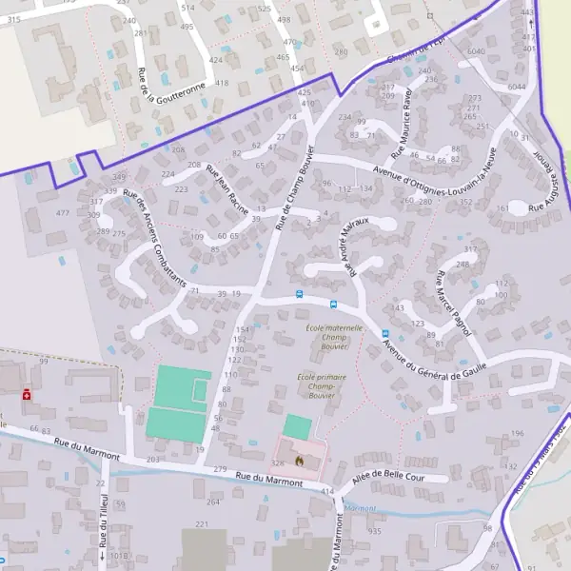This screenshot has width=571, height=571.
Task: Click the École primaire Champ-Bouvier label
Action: pos(322,384)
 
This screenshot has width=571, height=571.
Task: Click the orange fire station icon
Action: pos(299,462)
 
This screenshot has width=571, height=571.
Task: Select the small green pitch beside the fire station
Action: pos(298,425)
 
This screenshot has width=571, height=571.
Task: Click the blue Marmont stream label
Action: pos(361,508)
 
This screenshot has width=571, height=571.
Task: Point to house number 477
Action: pos(63,212)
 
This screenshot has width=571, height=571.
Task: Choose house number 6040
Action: pos(477,51)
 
